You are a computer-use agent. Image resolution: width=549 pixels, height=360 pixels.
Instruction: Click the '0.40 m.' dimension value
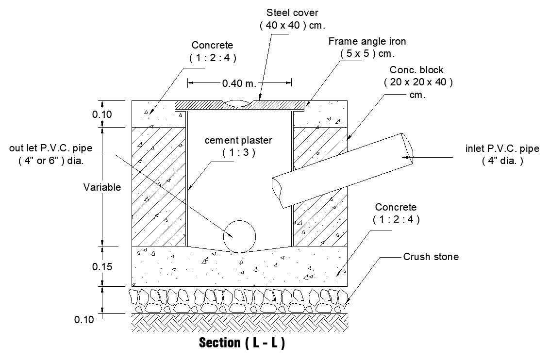coord(239,83)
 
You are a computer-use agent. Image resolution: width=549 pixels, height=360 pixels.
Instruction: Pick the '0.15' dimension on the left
coord(102,266)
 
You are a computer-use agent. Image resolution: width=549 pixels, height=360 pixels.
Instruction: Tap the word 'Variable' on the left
coord(102,187)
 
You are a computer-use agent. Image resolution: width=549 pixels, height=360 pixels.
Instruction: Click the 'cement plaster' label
coord(238,140)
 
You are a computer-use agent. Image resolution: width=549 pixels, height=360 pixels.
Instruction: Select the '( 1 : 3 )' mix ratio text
coord(239,153)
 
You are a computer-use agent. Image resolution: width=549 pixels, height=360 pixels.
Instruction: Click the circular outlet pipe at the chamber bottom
coord(239,236)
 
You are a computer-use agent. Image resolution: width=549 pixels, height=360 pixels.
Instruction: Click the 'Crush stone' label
coord(431,257)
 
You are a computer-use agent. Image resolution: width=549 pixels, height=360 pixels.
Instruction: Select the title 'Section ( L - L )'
coord(242,343)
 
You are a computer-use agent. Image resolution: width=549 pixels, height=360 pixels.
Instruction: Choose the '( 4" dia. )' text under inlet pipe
coord(502,162)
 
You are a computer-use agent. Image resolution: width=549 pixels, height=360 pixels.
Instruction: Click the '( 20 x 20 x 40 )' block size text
coord(418,82)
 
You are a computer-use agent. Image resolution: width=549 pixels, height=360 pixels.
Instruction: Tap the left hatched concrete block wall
coord(159,187)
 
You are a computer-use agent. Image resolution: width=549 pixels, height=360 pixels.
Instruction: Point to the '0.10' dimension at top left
coord(102,115)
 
